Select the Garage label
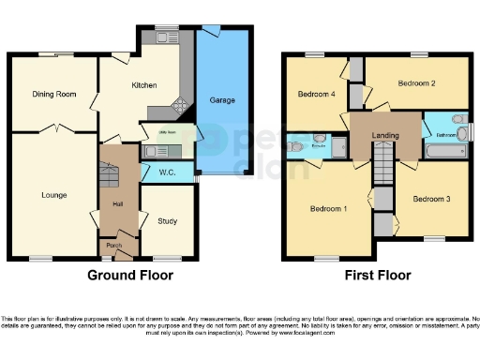click(222, 99)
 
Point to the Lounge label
click(52, 195)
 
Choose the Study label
click(169, 221)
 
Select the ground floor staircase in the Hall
click(110, 175)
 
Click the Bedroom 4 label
click(316, 94)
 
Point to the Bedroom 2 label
click(416, 83)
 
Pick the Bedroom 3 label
click(432, 199)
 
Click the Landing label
click(385, 136)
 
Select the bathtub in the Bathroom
click(441, 150)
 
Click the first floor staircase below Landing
click(382, 171)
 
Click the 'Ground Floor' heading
click(129, 276)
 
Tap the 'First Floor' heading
click(378, 276)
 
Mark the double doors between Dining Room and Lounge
click(58, 129)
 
